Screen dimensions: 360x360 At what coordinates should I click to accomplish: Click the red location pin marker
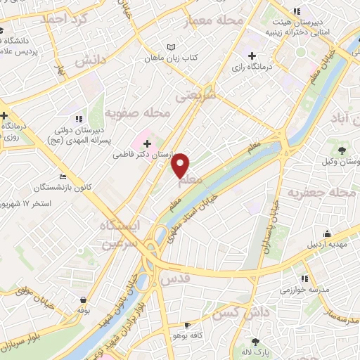pyautogui.click(x=181, y=164)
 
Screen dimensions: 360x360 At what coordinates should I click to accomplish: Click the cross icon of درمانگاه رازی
pyautogui.click(x=252, y=56)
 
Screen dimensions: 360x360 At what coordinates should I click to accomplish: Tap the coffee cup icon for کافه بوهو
pyautogui.click(x=187, y=325)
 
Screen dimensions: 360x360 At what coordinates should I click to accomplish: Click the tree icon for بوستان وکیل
pyautogui.click(x=342, y=150)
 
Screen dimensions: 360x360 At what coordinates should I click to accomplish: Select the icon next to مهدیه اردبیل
pyautogui.click(x=327, y=233)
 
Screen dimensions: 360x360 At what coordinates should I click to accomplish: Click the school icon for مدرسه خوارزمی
pyautogui.click(x=304, y=278)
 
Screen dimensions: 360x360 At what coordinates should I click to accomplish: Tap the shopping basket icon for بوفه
pyautogui.click(x=84, y=300)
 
